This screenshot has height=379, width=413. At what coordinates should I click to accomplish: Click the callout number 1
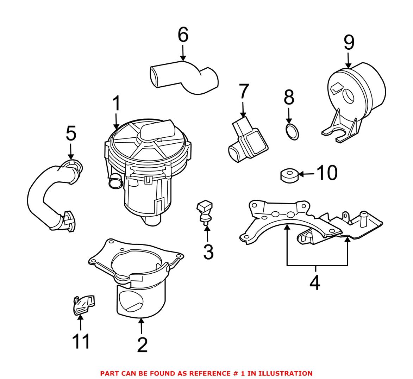tap(116, 104)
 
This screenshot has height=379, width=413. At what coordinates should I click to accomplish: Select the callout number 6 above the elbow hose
tap(183, 35)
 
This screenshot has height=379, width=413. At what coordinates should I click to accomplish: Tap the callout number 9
tap(349, 43)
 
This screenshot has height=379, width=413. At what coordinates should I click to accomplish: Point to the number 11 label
tap(81, 341)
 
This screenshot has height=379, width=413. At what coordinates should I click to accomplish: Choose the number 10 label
tap(327, 173)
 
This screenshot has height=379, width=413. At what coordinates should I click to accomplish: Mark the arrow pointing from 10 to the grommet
tap(306, 174)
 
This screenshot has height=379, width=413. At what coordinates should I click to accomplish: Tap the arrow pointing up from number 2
tap(141, 326)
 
